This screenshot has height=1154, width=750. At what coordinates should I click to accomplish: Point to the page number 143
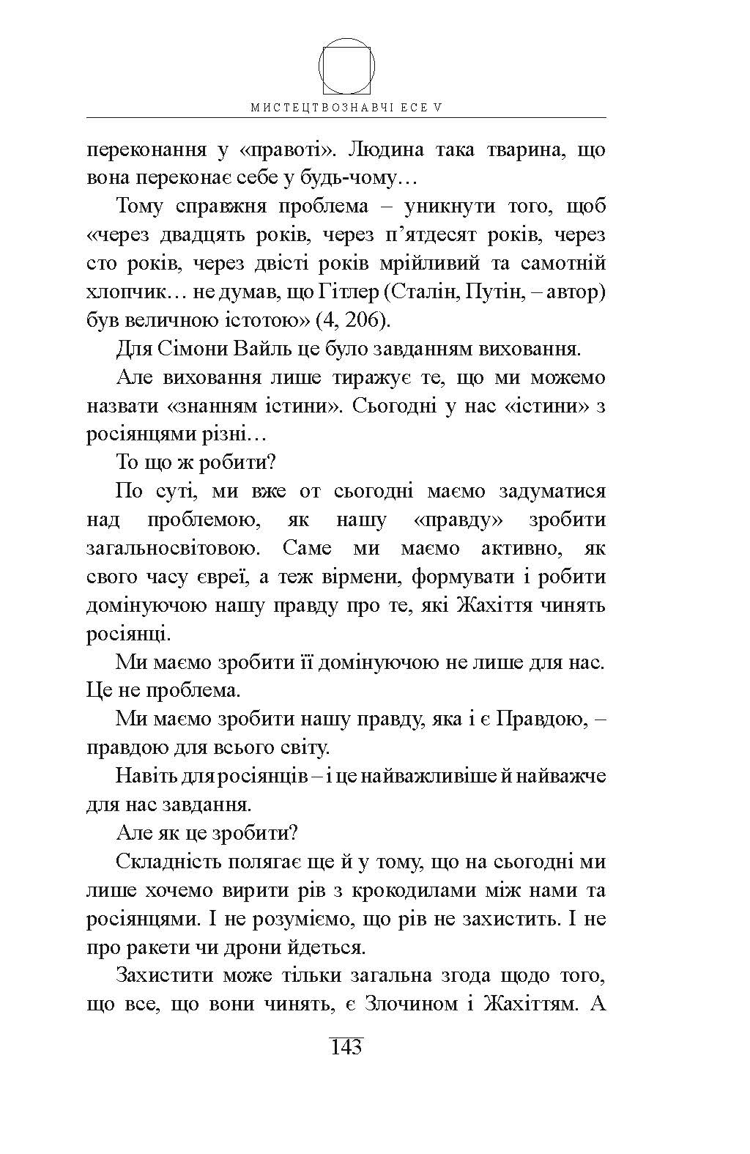pos(346,1047)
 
